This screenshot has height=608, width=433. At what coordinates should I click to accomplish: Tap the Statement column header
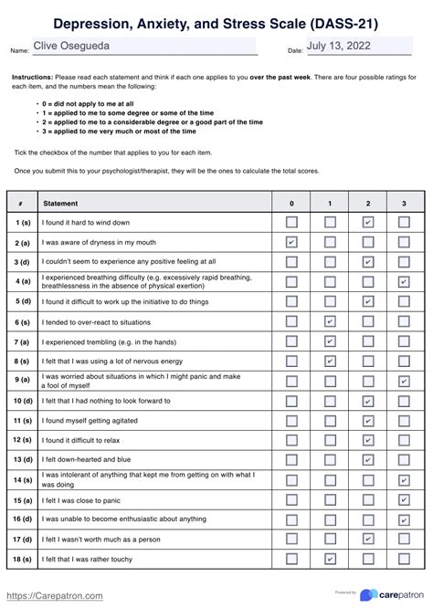[x=61, y=203]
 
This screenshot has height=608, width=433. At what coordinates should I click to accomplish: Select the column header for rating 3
[x=404, y=203]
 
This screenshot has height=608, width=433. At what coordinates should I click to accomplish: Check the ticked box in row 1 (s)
[x=367, y=222]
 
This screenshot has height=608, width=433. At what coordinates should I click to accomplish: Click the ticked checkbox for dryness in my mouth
[x=291, y=242]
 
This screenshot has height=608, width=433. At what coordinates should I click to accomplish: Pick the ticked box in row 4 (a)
[x=404, y=282]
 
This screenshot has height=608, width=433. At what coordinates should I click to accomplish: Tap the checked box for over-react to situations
[x=330, y=321]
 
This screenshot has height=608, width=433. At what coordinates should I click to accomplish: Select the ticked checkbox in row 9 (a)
[x=404, y=381]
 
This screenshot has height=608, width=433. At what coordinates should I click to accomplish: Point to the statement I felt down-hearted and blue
[x=87, y=459]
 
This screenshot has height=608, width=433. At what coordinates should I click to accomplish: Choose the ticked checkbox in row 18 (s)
[x=330, y=559]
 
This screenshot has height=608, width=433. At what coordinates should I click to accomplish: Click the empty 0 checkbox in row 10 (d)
[x=291, y=401]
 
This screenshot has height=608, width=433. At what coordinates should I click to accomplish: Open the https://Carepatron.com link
[x=55, y=595]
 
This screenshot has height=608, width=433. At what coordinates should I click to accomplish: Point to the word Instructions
[x=32, y=78]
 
